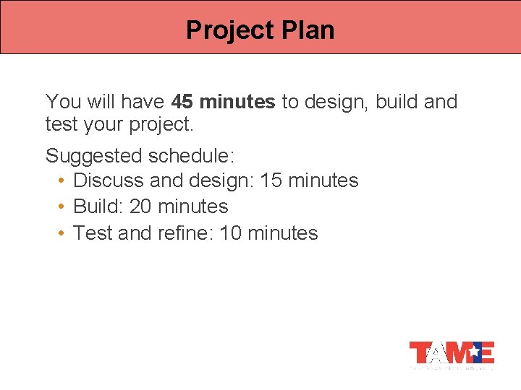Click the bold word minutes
click(x=237, y=102)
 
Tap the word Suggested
click(x=93, y=156)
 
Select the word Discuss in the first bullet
click(x=109, y=180)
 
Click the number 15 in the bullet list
click(x=271, y=180)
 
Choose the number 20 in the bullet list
click(x=140, y=207)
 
